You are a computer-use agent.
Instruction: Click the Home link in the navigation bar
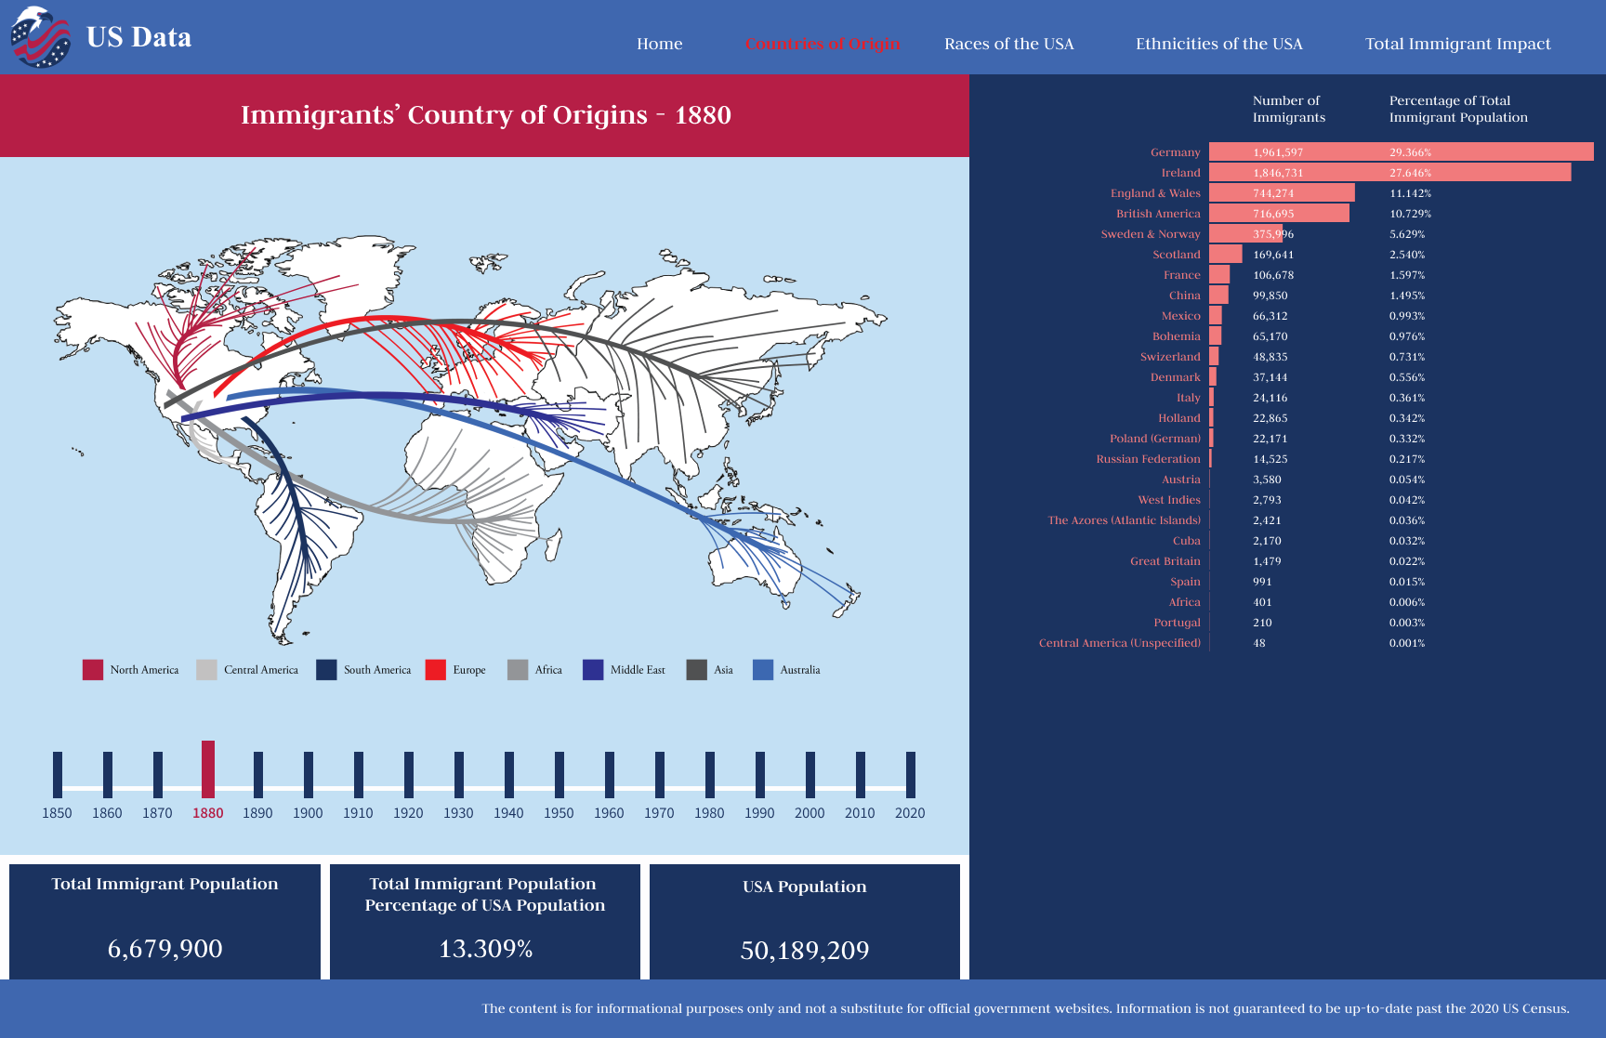pyautogui.click(x=659, y=44)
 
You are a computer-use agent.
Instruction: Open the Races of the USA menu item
pyautogui.click(x=1008, y=44)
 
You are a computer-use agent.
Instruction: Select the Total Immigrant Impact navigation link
pyautogui.click(x=1457, y=44)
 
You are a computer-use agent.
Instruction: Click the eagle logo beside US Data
pyautogui.click(x=40, y=37)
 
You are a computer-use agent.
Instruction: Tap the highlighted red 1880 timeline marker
pyautogui.click(x=208, y=769)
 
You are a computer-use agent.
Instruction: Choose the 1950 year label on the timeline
pyautogui.click(x=559, y=813)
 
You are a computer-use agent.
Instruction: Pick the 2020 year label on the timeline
pyautogui.click(x=910, y=813)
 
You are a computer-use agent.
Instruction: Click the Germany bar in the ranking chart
pyautogui.click(x=1401, y=151)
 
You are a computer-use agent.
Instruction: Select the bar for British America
pyautogui.click(x=1279, y=214)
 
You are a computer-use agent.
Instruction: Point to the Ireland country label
pyautogui.click(x=1180, y=173)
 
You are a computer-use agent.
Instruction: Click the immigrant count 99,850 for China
pyautogui.click(x=1270, y=296)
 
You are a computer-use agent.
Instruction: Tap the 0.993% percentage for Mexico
pyautogui.click(x=1407, y=316)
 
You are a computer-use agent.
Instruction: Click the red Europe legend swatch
pyautogui.click(x=435, y=670)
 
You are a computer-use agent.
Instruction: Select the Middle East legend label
pyautogui.click(x=638, y=670)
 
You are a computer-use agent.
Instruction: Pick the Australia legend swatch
pyautogui.click(x=763, y=670)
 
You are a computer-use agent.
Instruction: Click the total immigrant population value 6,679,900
pyautogui.click(x=165, y=949)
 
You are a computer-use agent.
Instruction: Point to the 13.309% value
pyautogui.click(x=485, y=949)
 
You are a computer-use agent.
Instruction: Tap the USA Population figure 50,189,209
pyautogui.click(x=805, y=951)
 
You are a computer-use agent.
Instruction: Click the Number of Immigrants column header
pyautogui.click(x=1288, y=109)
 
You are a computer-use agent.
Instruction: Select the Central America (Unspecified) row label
pyautogui.click(x=1119, y=643)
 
